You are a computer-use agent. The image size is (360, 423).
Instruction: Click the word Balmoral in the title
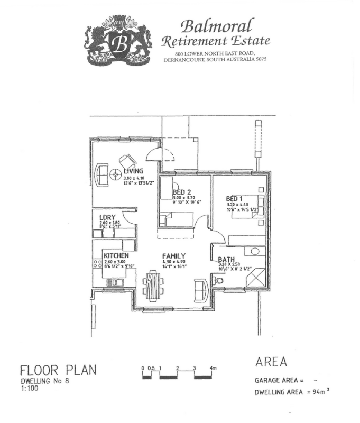pos(216,25)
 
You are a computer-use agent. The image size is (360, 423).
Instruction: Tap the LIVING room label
pos(134,171)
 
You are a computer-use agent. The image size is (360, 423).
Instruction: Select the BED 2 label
pos(181,191)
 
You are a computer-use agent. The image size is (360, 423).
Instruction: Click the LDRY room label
pos(108,217)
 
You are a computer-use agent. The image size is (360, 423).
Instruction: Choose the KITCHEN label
pos(116,255)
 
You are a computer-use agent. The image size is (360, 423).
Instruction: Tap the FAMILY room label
pos(174,256)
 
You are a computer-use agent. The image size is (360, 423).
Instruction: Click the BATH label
pos(227,259)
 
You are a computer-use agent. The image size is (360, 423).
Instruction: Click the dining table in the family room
pos(153,286)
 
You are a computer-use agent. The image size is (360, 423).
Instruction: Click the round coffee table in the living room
pos(115,173)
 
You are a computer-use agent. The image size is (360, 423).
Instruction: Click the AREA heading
pos(271,362)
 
